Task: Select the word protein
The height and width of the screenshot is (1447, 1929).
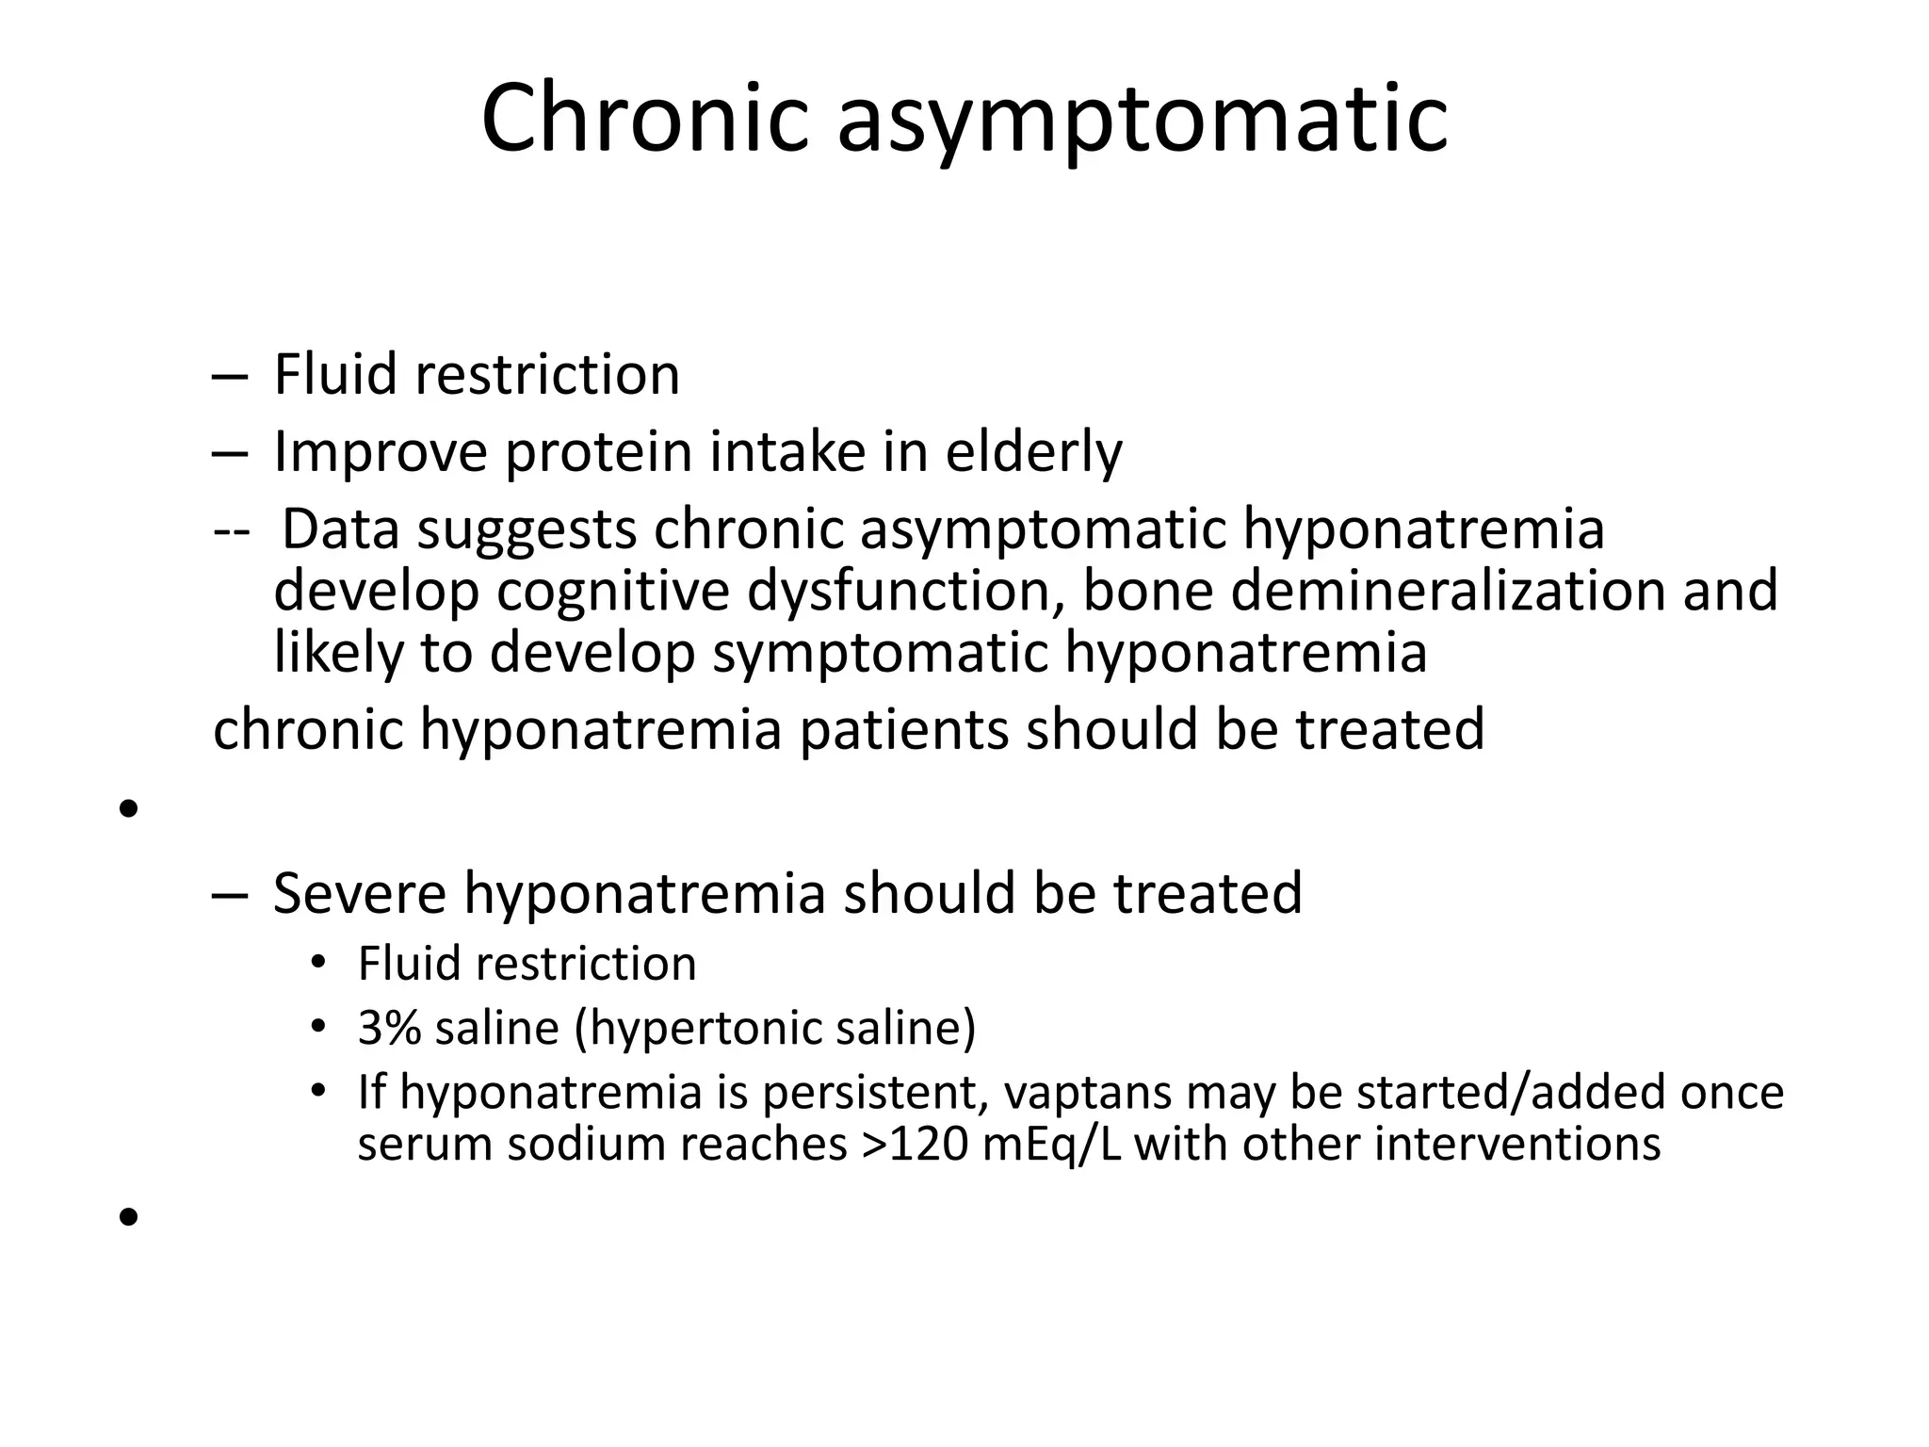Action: coord(598,451)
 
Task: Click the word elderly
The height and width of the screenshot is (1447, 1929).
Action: coord(1033,451)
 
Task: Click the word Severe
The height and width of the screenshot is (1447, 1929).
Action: coord(359,893)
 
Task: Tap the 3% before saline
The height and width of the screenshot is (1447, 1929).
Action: coord(389,1028)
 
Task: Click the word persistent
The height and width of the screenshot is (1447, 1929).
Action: coord(875,1093)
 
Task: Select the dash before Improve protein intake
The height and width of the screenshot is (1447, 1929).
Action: coord(230,453)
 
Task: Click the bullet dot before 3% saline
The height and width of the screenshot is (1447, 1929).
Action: coord(318,1026)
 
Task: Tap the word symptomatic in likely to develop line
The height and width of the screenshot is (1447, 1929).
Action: coord(880,652)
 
